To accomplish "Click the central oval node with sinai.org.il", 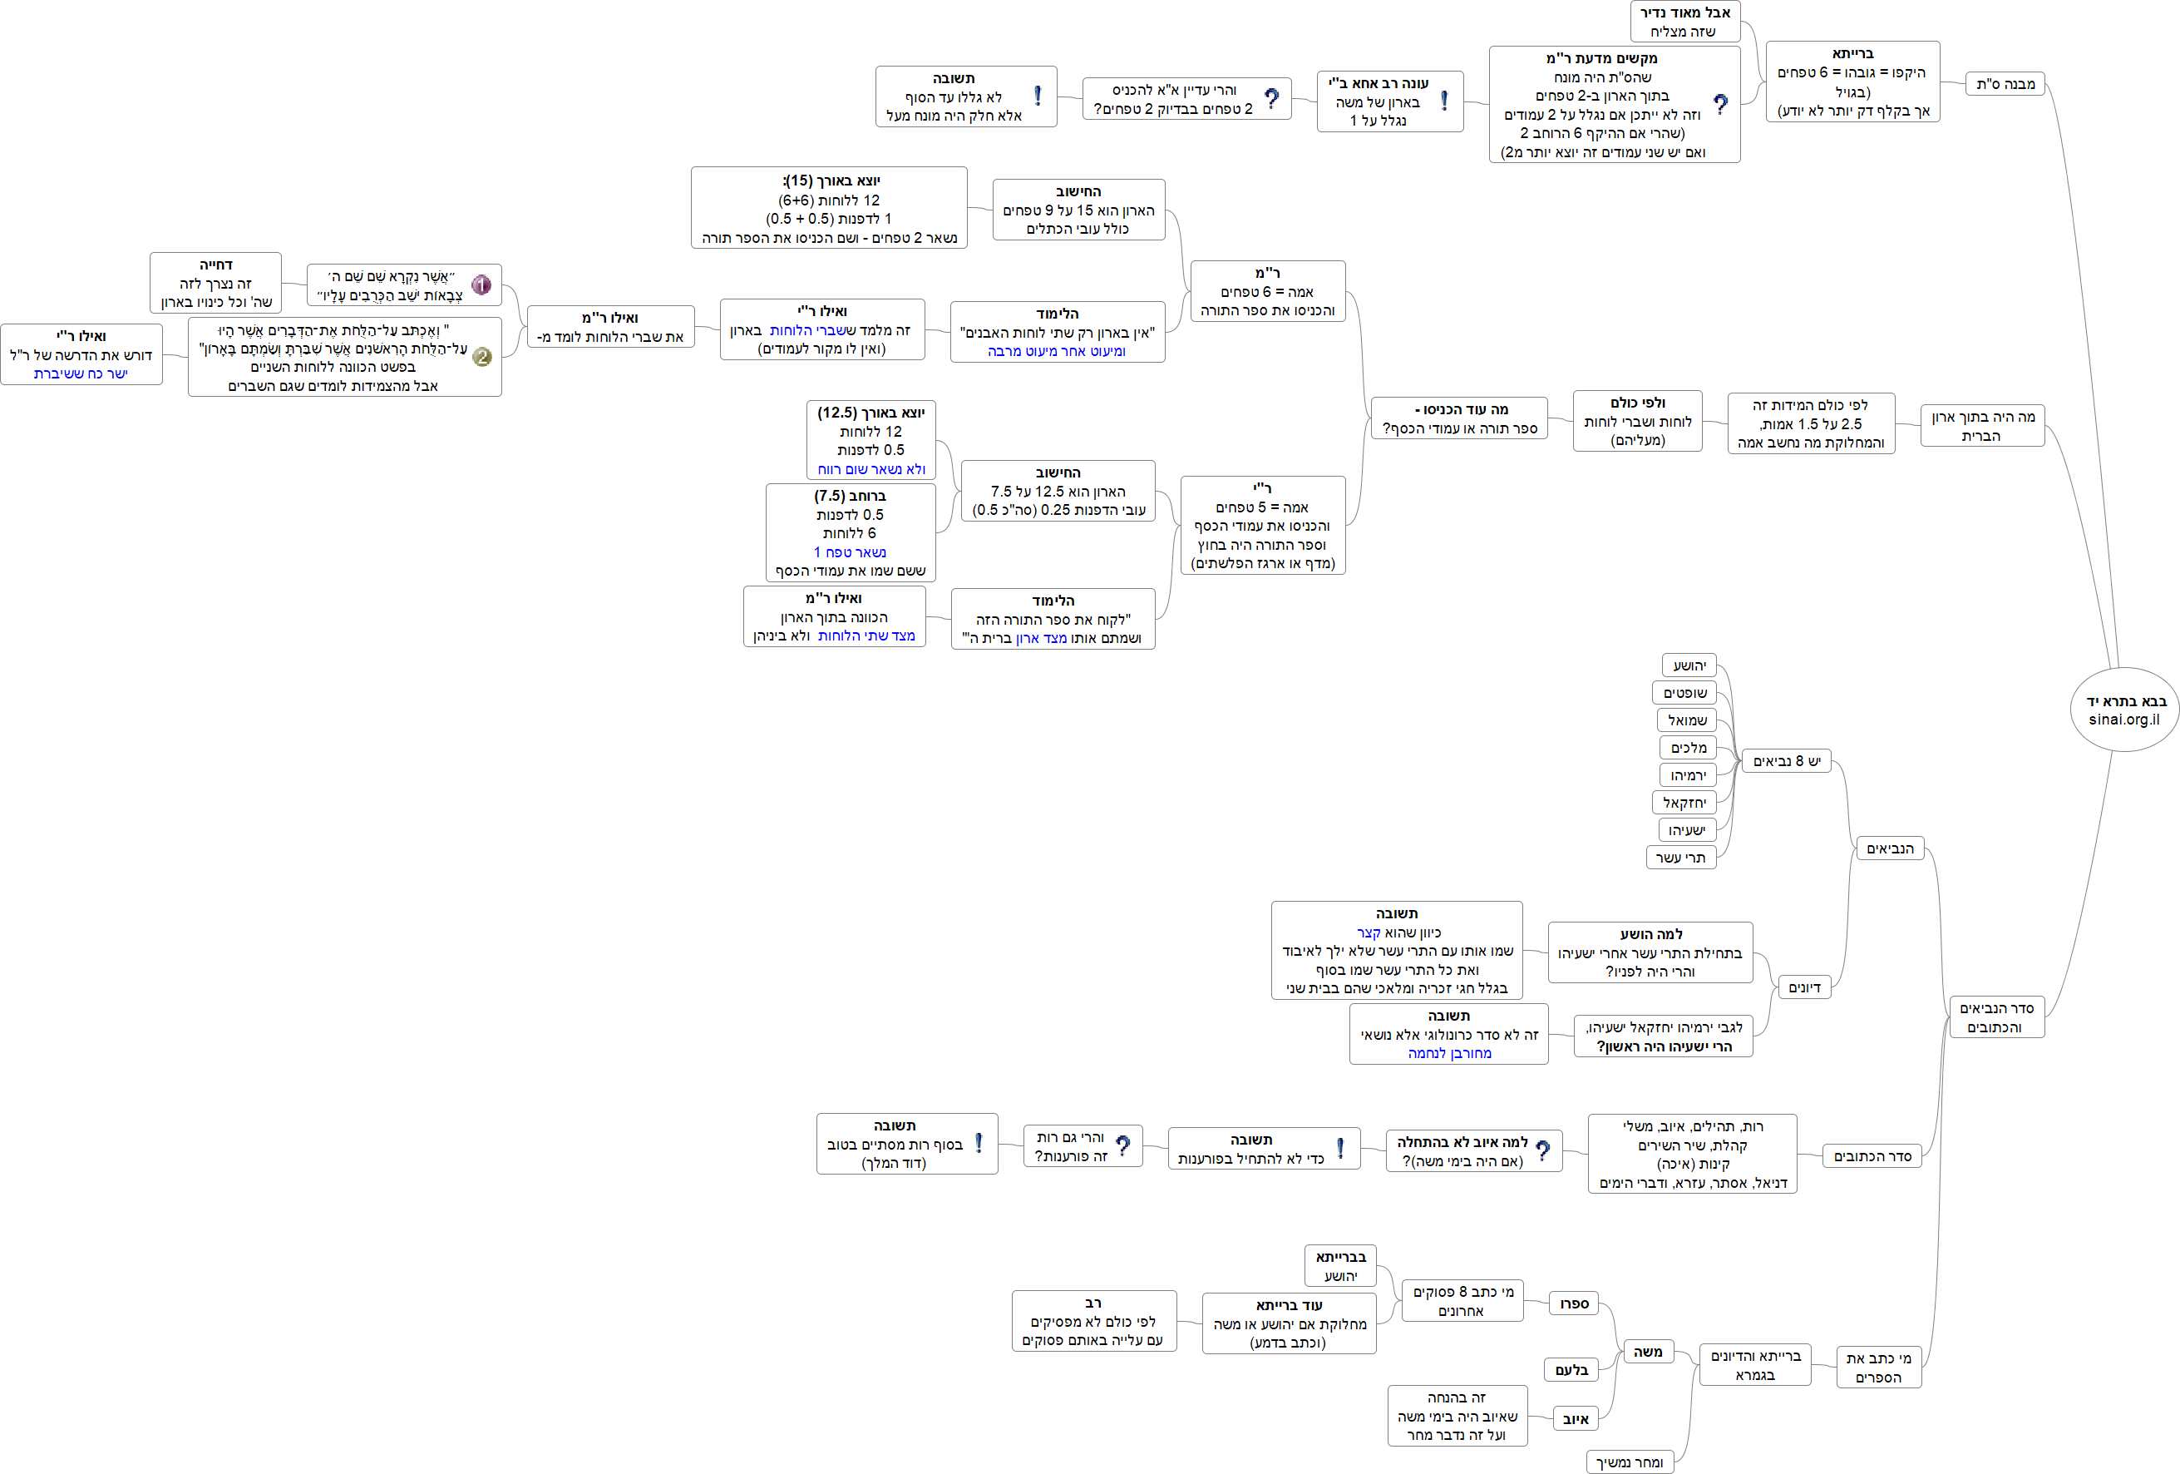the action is pyautogui.click(x=2123, y=710).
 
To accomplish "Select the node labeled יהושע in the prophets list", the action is pyautogui.click(x=1689, y=665).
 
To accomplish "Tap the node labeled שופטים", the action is pyautogui.click(x=1684, y=692).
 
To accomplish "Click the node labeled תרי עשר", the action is pyautogui.click(x=1680, y=857).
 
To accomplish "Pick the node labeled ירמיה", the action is pyautogui.click(x=1688, y=775).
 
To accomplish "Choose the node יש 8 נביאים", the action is pyautogui.click(x=1786, y=761).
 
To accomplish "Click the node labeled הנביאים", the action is pyautogui.click(x=1889, y=848).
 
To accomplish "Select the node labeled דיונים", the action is pyautogui.click(x=1804, y=987).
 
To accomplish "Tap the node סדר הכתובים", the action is pyautogui.click(x=1872, y=1156).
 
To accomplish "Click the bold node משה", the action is pyautogui.click(x=1647, y=1352).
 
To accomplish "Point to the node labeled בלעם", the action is pyautogui.click(x=1571, y=1370).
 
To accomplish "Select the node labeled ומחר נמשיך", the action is pyautogui.click(x=1630, y=1462).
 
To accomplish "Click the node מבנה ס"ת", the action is pyautogui.click(x=2005, y=83).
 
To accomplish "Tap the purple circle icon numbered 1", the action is pyautogui.click(x=481, y=284).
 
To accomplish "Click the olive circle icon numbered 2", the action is pyautogui.click(x=481, y=357).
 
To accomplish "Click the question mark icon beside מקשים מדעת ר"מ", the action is pyautogui.click(x=1719, y=104).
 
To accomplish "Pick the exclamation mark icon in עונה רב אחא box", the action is pyautogui.click(x=1443, y=101).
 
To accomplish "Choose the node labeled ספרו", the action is pyautogui.click(x=1573, y=1303).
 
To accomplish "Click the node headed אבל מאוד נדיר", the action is pyautogui.click(x=1684, y=22).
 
